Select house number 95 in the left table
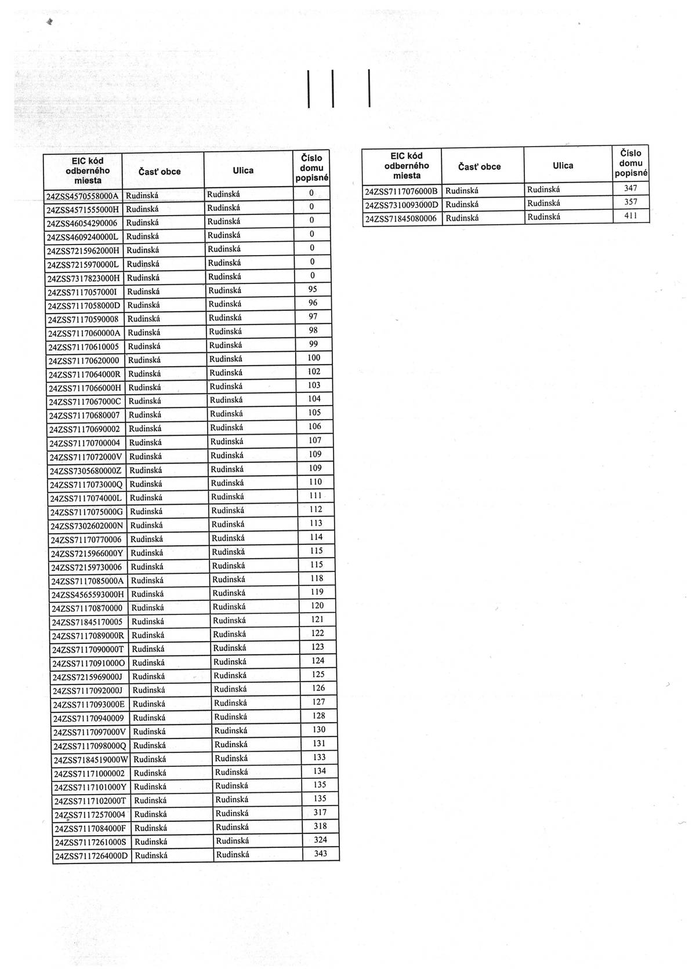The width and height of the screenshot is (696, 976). (x=312, y=289)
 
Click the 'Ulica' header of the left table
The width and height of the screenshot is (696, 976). (x=243, y=170)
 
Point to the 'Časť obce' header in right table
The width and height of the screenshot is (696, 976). (x=479, y=166)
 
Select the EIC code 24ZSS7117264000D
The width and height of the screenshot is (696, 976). (x=91, y=856)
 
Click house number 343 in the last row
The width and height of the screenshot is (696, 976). (x=320, y=853)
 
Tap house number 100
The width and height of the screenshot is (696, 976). (x=314, y=358)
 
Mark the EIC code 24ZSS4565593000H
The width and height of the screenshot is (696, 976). (x=88, y=594)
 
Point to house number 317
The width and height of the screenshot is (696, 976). (x=320, y=812)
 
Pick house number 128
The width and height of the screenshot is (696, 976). (x=318, y=716)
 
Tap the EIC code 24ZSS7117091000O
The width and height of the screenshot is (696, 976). (x=89, y=663)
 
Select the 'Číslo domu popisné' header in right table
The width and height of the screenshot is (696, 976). (x=630, y=163)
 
